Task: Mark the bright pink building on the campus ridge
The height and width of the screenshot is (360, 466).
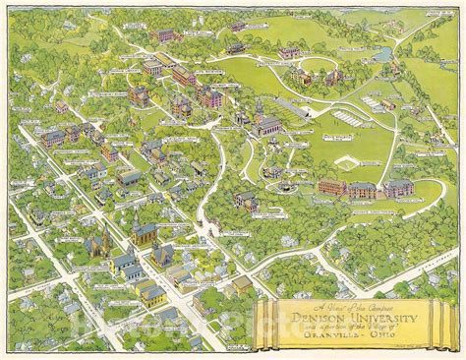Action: tap(210, 97)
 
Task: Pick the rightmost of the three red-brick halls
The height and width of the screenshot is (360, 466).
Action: tap(398, 188)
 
